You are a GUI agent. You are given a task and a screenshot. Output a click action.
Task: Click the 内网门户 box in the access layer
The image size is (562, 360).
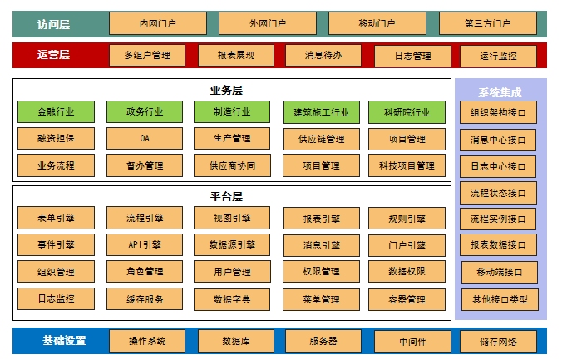tap(158, 23)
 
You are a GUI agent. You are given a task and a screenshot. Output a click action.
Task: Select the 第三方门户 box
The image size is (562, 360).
tap(488, 23)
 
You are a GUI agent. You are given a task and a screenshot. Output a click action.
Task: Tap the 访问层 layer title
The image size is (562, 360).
tap(54, 24)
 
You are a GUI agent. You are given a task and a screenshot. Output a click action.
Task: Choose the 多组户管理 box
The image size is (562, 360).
tap(147, 56)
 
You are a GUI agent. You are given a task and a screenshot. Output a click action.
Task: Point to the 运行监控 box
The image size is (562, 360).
tap(498, 57)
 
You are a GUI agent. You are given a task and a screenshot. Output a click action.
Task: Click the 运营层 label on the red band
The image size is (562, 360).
tap(54, 55)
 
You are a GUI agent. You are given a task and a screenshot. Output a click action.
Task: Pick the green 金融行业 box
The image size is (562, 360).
tap(56, 111)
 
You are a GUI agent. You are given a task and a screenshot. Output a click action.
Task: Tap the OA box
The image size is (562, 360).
tap(145, 138)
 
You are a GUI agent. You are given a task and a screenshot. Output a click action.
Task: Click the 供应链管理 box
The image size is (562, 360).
tap(320, 139)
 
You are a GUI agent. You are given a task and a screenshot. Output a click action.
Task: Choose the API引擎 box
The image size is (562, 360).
tap(145, 245)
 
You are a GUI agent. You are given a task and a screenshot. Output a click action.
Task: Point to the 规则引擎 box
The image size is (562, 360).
tap(407, 219)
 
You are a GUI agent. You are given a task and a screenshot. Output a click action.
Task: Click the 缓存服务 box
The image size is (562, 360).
tap(145, 299)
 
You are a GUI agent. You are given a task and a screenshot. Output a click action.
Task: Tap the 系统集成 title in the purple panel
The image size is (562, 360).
tap(500, 92)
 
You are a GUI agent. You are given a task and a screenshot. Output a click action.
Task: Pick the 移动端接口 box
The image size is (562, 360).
tap(499, 272)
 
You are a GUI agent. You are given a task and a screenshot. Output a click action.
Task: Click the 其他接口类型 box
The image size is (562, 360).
tap(499, 299)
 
